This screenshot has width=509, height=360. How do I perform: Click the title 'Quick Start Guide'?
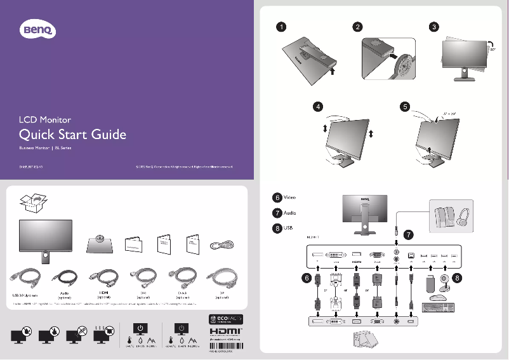pyautogui.click(x=73, y=135)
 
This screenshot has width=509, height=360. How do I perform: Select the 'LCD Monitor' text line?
pyautogui.click(x=44, y=119)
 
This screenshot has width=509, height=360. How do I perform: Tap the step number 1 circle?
pyautogui.click(x=280, y=27)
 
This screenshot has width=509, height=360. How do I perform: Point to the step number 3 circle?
pyautogui.click(x=433, y=27)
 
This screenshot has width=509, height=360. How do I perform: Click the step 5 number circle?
pyautogui.click(x=404, y=106)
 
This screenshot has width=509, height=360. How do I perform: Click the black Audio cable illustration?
pyautogui.click(x=64, y=279)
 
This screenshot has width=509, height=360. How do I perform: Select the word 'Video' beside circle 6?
pyautogui.click(x=289, y=197)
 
